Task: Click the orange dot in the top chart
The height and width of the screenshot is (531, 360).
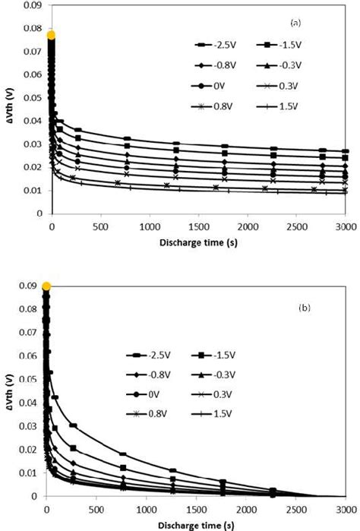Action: point(51,35)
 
